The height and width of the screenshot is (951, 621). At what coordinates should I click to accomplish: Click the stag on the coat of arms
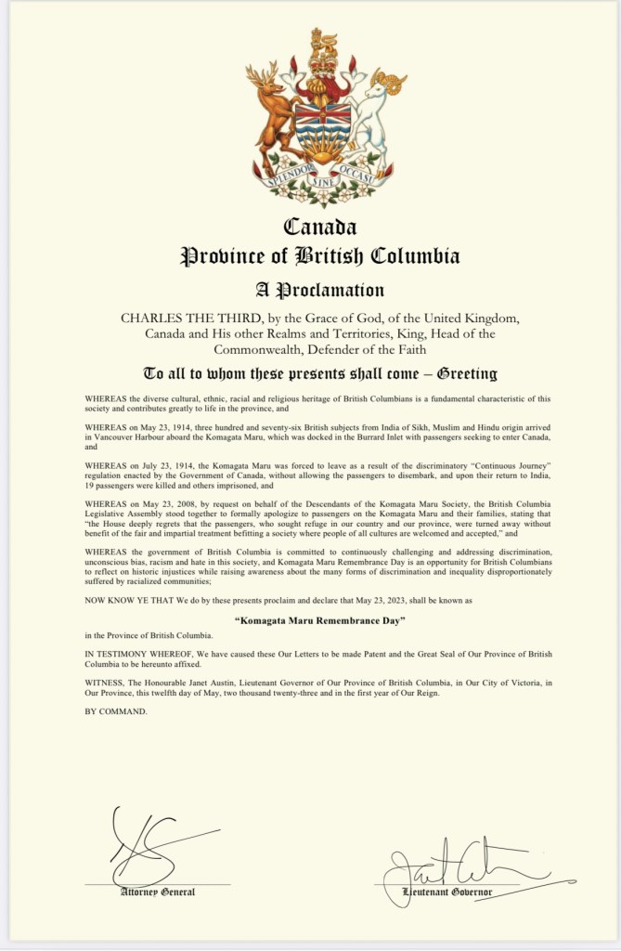[x=273, y=111]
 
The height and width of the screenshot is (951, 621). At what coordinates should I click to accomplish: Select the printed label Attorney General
[x=158, y=892]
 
